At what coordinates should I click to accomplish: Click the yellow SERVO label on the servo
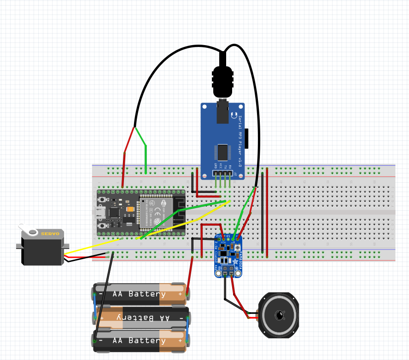tap(51, 233)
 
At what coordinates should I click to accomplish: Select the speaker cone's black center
tap(279, 315)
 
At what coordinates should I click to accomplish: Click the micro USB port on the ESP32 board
tap(99, 212)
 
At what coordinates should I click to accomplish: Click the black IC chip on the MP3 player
tap(223, 152)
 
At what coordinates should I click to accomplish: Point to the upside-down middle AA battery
tap(140, 317)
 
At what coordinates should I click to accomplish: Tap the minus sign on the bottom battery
tap(100, 341)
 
